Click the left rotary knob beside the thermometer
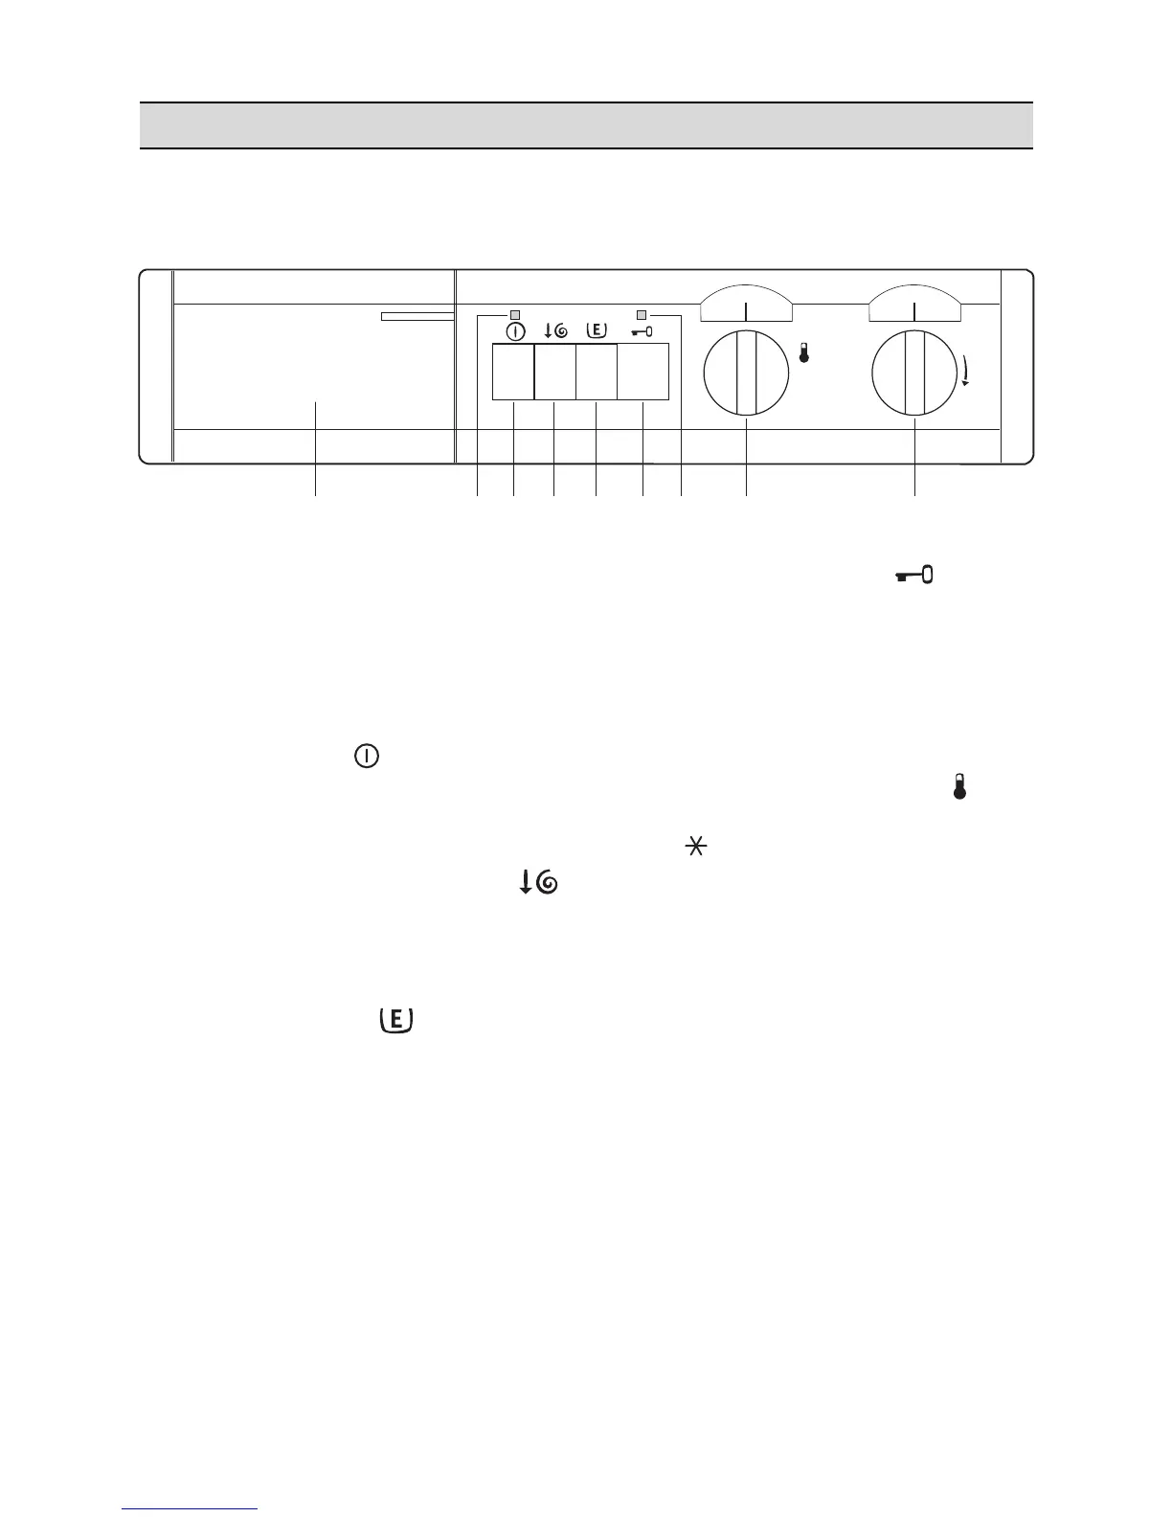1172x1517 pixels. pos(746,373)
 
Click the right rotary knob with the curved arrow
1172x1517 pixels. pos(914,373)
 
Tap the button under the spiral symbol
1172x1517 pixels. pos(554,373)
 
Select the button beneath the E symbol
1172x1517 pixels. pos(596,373)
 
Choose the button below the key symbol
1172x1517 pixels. pos(642,373)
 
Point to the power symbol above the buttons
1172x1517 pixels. pos(515,331)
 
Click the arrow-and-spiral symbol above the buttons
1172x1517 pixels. pos(555,331)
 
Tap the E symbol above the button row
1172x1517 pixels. pos(596,330)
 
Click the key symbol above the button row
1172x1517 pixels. pos(642,332)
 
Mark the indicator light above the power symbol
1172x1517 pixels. pos(515,314)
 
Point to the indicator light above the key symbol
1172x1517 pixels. pos(642,314)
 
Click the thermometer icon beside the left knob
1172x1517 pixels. pos(803,352)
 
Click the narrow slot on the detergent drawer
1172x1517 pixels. pos(417,316)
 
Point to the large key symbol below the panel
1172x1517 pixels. pos(914,575)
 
